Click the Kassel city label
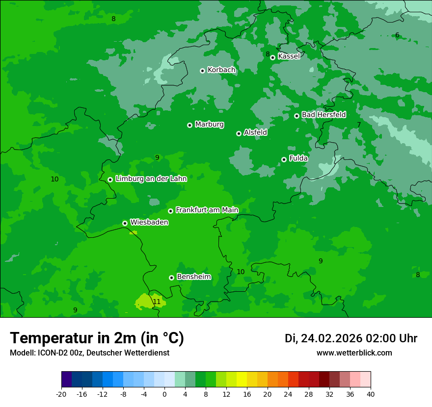[x=289, y=56]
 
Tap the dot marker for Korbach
[x=202, y=71]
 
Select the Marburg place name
[x=209, y=125]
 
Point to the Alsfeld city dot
[x=239, y=133]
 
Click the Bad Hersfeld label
[x=324, y=115]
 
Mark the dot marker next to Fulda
[x=284, y=159]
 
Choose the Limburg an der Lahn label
[x=151, y=179]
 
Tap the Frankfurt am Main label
[x=207, y=210]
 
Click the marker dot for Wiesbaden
[x=125, y=223]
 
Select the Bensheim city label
[x=193, y=277]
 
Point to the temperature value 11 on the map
[x=157, y=302]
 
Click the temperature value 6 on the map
[x=397, y=35]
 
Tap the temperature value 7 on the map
[x=359, y=125]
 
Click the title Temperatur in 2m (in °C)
[x=97, y=338]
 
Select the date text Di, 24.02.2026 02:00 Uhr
[x=351, y=338]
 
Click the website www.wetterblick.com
[x=354, y=353]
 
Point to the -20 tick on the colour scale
[x=61, y=394]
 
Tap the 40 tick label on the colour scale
[x=371, y=394]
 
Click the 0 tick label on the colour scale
[x=164, y=394]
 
